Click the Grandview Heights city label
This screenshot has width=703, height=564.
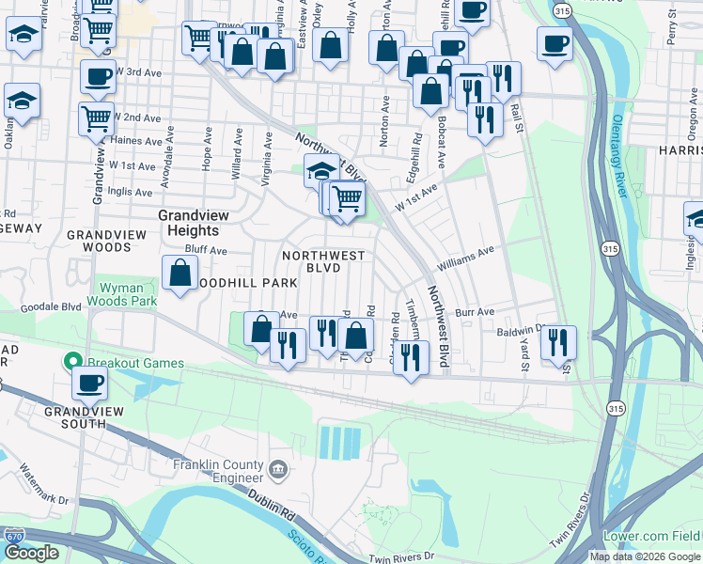188,222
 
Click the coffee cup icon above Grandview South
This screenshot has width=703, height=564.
91,383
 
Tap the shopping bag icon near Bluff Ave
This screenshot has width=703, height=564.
179,274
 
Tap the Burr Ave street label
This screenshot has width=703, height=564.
475,311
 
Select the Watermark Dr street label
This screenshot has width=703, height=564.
44,487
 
